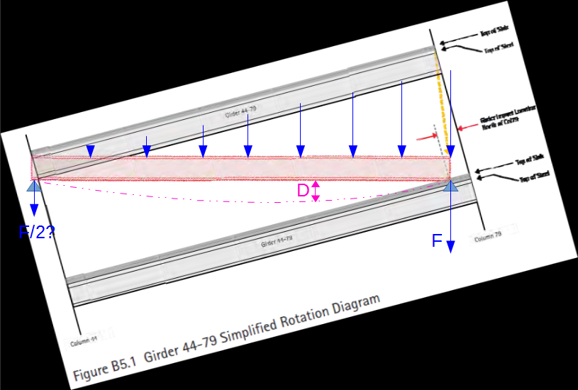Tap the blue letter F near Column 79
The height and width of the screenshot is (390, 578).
point(438,241)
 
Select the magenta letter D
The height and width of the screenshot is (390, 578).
point(303,191)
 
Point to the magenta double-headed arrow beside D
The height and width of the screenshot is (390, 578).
point(316,190)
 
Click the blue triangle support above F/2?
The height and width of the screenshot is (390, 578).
point(33,186)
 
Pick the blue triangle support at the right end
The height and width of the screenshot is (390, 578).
point(450,185)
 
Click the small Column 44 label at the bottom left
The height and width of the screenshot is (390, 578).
point(84,342)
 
